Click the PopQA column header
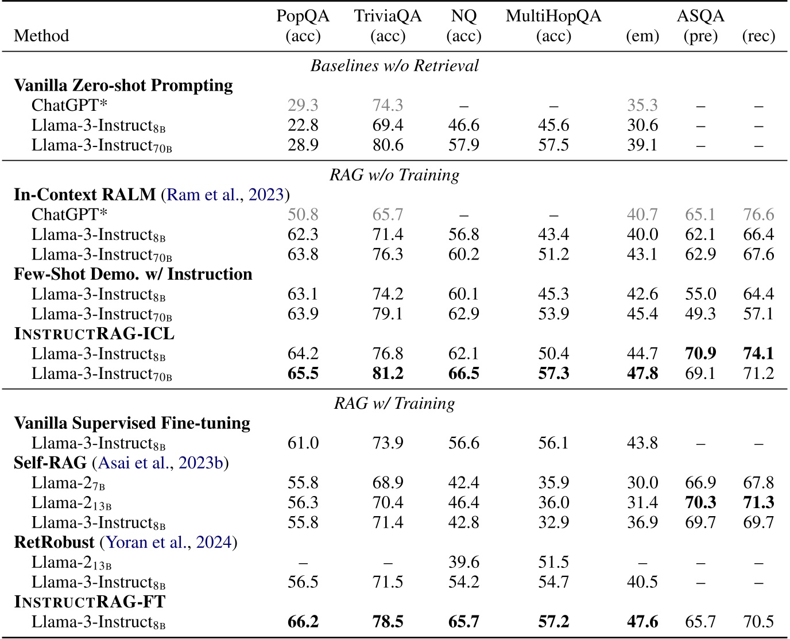pyautogui.click(x=303, y=17)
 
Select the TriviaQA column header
pyautogui.click(x=388, y=17)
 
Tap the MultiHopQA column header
pyautogui.click(x=553, y=17)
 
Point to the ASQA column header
pyautogui.click(x=700, y=16)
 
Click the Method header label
pyautogui.click(x=41, y=36)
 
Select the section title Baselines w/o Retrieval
pyautogui.click(x=394, y=65)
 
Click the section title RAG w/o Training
pyautogui.click(x=394, y=175)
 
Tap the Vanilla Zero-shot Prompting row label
pyautogui.click(x=123, y=86)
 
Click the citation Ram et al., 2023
pyautogui.click(x=225, y=195)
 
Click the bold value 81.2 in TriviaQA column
pyautogui.click(x=388, y=374)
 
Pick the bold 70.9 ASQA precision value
pyautogui.click(x=700, y=354)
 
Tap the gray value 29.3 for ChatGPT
pyautogui.click(x=303, y=106)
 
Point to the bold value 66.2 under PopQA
pyautogui.click(x=303, y=622)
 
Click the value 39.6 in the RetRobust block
pyautogui.click(x=463, y=562)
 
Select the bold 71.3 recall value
pyautogui.click(x=758, y=502)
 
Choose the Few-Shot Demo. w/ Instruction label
pyautogui.click(x=133, y=274)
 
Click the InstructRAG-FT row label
pyautogui.click(x=90, y=602)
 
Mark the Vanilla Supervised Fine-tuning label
pyautogui.click(x=132, y=423)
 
